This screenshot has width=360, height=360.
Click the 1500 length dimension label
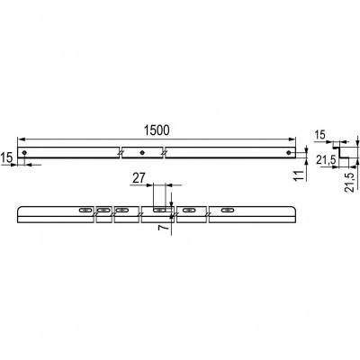157,130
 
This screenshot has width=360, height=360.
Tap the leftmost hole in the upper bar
24,153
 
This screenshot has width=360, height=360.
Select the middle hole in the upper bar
142,153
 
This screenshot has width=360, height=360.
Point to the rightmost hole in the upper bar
288,153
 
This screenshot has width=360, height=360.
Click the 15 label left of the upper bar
7,157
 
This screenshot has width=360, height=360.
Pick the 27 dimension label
139,178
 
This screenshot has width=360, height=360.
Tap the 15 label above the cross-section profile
320,135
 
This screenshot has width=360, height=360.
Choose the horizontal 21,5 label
326,160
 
